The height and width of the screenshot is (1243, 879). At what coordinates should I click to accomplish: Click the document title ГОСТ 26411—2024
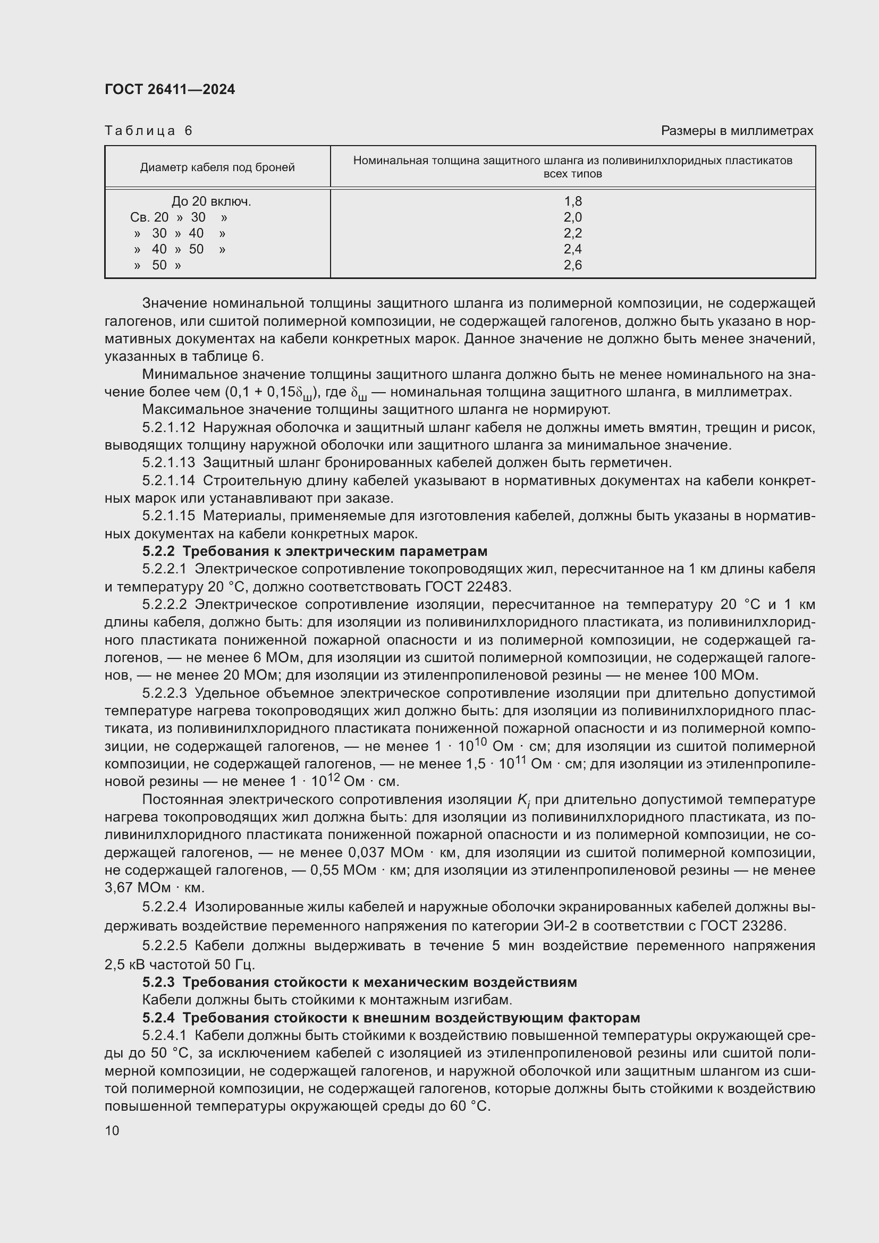(170, 89)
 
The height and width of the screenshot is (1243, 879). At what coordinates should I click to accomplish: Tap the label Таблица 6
(148, 131)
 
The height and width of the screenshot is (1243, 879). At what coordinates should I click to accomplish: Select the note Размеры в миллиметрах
(737, 131)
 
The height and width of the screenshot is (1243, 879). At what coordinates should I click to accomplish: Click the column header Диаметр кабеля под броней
(217, 167)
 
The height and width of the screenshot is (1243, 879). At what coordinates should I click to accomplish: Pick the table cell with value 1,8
(573, 201)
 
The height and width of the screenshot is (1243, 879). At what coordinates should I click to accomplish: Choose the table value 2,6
(573, 265)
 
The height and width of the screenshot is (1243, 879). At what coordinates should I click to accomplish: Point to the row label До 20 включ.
(211, 201)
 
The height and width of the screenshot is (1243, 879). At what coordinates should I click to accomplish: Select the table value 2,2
(573, 233)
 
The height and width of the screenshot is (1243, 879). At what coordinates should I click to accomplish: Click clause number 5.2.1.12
(168, 428)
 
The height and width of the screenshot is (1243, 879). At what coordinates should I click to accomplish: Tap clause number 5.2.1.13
(168, 463)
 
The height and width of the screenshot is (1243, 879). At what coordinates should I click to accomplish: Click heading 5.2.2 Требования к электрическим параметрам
(315, 551)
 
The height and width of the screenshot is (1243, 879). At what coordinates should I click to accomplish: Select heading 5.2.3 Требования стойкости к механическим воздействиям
(359, 982)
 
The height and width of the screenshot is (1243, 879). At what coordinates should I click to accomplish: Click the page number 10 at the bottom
(112, 1130)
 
